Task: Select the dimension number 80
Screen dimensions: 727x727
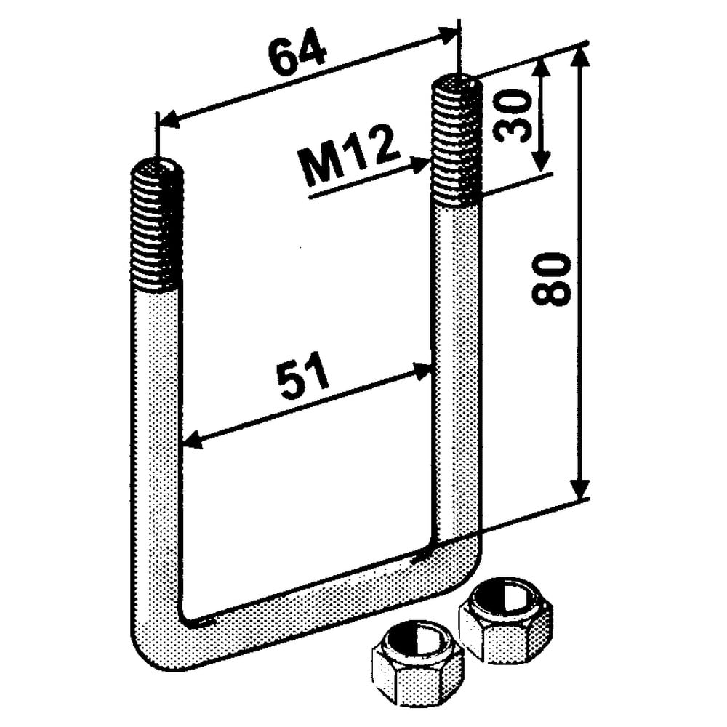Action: pyautogui.click(x=550, y=279)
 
